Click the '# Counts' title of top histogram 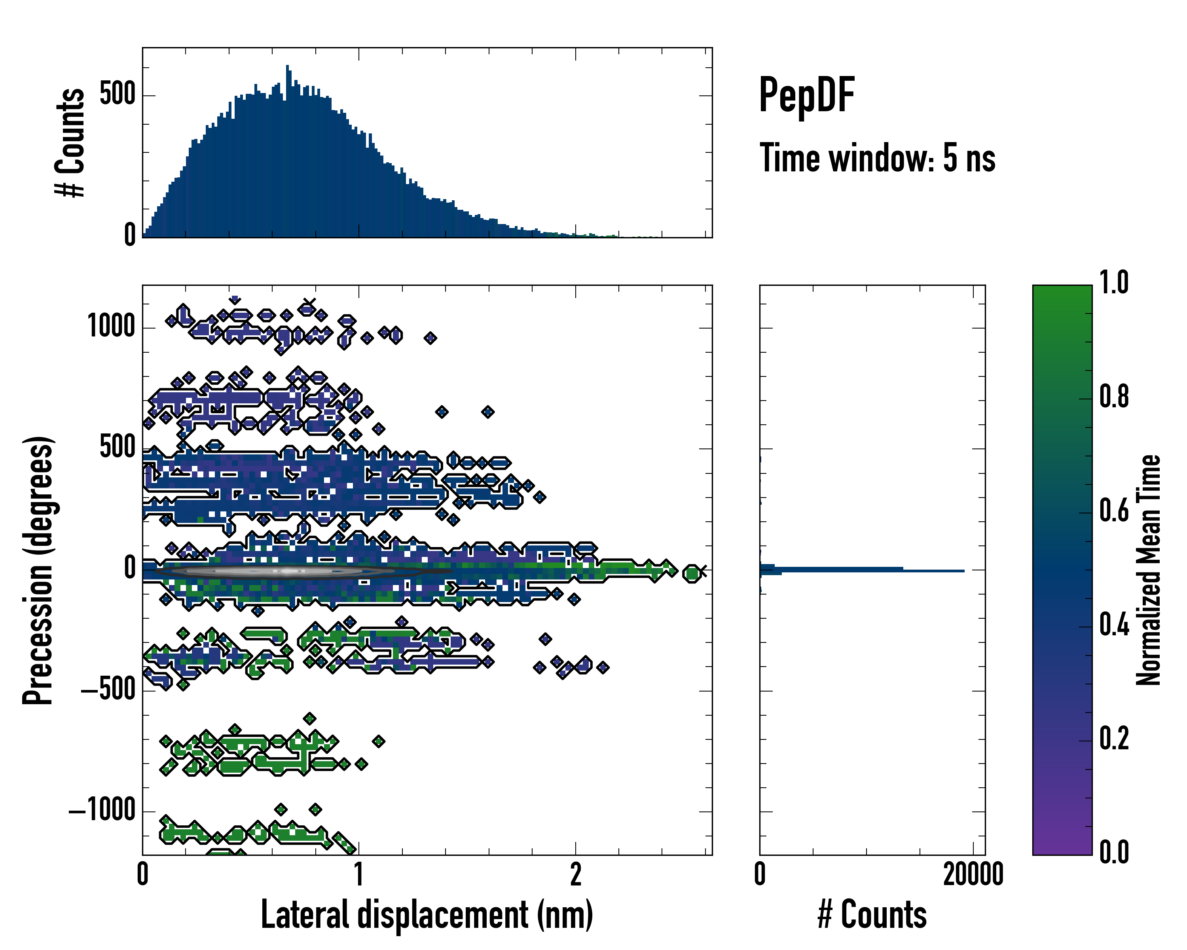[x=70, y=142]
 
